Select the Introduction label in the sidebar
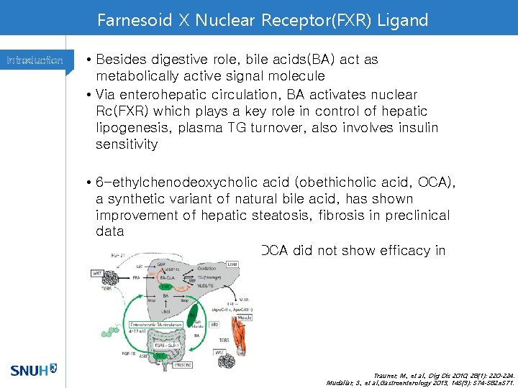[35, 60]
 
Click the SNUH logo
[33, 371]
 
